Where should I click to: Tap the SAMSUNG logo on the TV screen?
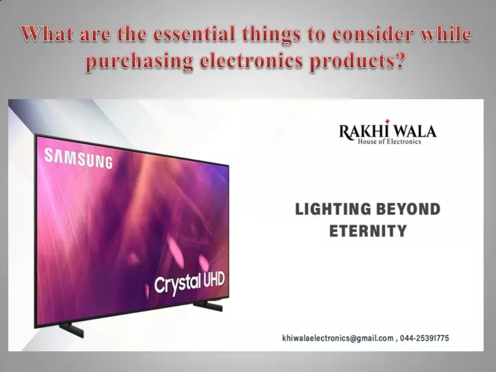coord(79,158)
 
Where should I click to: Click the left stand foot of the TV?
coord(72,329)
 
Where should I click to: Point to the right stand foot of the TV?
coord(208,306)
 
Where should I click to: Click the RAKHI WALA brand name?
coord(388,131)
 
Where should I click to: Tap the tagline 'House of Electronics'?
coord(389,142)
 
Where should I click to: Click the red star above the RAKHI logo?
coord(388,121)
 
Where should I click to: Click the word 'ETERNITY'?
coord(368,231)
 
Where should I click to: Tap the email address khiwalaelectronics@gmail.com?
coord(338,338)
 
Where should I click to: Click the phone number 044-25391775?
coord(424,338)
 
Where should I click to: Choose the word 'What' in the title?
coord(47,34)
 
